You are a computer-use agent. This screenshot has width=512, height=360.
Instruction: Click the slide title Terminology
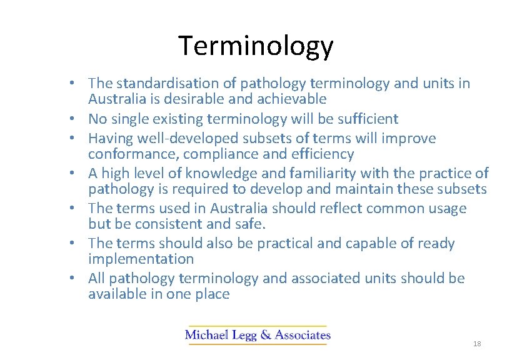pyautogui.click(x=256, y=46)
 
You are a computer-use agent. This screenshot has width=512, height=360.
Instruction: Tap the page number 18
pyautogui.click(x=477, y=344)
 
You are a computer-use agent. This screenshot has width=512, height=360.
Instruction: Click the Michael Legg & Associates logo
pyautogui.click(x=258, y=335)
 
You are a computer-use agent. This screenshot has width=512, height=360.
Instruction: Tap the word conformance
pyautogui.click(x=128, y=154)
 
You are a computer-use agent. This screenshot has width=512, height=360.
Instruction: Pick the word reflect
pyautogui.click(x=336, y=208)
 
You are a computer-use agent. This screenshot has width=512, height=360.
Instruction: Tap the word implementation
pyautogui.click(x=141, y=259)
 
